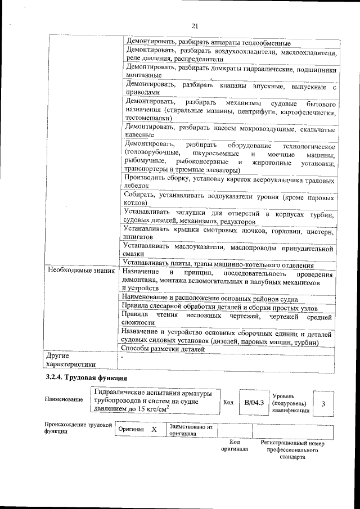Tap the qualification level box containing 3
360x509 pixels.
[323, 403]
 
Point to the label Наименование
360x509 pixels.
[64, 399]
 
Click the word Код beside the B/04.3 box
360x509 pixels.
[228, 403]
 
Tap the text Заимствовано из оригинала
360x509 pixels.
[190, 430]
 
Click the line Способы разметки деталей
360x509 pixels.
[164, 349]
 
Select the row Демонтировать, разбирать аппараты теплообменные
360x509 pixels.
[208, 43]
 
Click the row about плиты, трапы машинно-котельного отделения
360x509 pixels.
[226, 265]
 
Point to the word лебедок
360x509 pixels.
[136, 185]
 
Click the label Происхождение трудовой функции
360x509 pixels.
[78, 428]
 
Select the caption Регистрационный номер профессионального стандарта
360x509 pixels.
[292, 450]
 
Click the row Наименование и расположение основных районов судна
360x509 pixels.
[218, 299]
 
